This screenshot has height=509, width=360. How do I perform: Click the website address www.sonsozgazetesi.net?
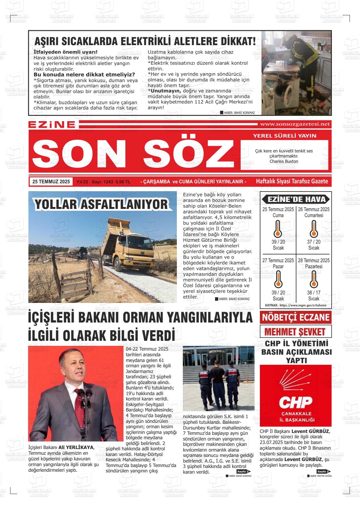click(295, 124)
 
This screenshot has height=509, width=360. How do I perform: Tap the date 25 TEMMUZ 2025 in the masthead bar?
click(51, 181)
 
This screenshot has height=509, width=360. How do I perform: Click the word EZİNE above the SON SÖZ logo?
click(52, 124)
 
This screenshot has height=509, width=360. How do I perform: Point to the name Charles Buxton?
click(284, 161)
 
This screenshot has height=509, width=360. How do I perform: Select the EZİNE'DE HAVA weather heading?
click(296, 199)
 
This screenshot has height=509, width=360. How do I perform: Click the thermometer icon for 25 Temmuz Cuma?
click(278, 229)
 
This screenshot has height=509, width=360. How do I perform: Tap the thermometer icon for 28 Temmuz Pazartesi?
click(314, 280)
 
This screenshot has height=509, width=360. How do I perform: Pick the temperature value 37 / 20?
click(314, 242)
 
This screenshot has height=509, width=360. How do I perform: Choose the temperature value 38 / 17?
click(314, 293)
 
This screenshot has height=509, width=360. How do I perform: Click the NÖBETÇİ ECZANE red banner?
click(296, 317)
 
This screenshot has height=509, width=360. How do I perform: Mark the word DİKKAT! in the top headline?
click(235, 41)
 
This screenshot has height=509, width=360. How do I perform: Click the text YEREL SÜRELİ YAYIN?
click(285, 136)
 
